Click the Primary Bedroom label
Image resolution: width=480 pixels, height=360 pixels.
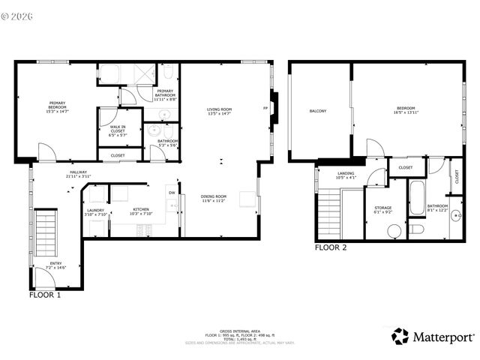click(x=58, y=106)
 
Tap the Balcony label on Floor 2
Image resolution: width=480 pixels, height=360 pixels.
click(x=317, y=111)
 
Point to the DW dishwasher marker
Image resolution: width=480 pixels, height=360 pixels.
click(x=172, y=193)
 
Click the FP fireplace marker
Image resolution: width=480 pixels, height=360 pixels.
click(x=265, y=109)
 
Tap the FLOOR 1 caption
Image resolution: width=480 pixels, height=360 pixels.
click(x=45, y=295)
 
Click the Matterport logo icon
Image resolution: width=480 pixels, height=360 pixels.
click(x=400, y=336)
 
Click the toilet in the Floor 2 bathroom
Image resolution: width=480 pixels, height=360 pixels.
click(x=417, y=228)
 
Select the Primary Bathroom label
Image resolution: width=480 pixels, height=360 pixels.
click(x=166, y=94)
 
